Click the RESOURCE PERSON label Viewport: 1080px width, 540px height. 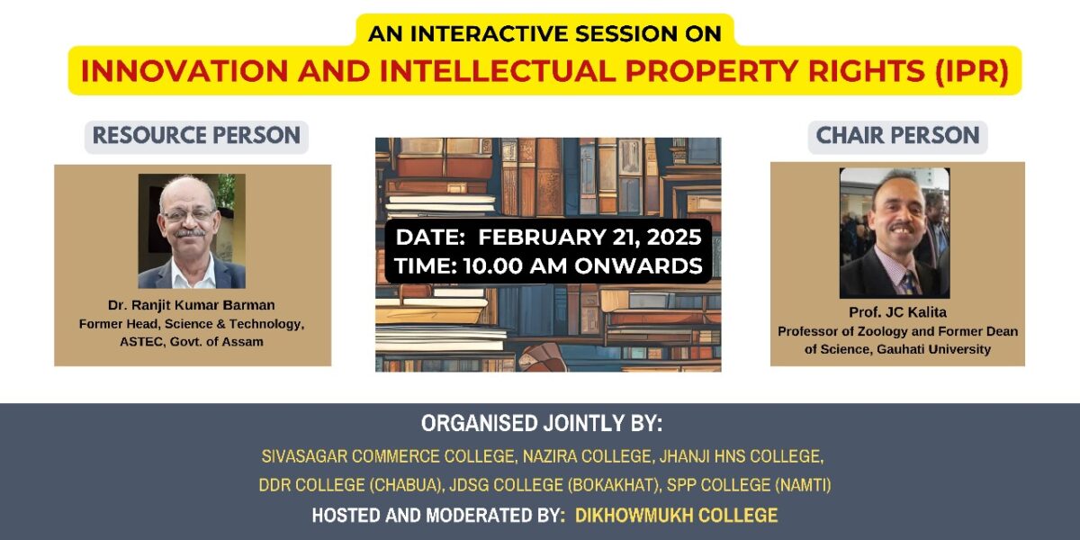tap(196, 136)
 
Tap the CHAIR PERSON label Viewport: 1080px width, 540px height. tap(897, 136)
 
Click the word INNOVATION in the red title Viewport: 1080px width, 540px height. tap(184, 71)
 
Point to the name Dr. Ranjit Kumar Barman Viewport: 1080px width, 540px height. tap(192, 305)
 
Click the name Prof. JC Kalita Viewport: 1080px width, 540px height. tap(897, 312)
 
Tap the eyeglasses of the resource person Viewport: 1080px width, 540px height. tap(189, 215)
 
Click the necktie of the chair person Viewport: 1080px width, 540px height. tap(909, 282)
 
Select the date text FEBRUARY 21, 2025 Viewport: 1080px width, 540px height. tap(589, 238)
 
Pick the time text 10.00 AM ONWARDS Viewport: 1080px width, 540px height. tap(583, 266)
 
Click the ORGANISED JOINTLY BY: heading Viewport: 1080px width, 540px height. tap(542, 423)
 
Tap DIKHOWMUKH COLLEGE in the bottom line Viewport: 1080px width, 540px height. tap(677, 516)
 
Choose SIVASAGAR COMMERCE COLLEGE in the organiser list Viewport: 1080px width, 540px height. tap(388, 456)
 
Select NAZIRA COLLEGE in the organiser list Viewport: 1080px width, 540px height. tap(587, 456)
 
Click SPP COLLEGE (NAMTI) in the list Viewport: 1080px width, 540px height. tap(749, 485)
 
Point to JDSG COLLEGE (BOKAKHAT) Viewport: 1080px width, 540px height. tap(554, 485)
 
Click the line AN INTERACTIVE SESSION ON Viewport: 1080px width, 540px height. tap(544, 34)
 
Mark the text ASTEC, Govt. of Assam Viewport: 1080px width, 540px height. tap(192, 342)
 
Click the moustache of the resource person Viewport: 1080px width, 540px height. tap(190, 233)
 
